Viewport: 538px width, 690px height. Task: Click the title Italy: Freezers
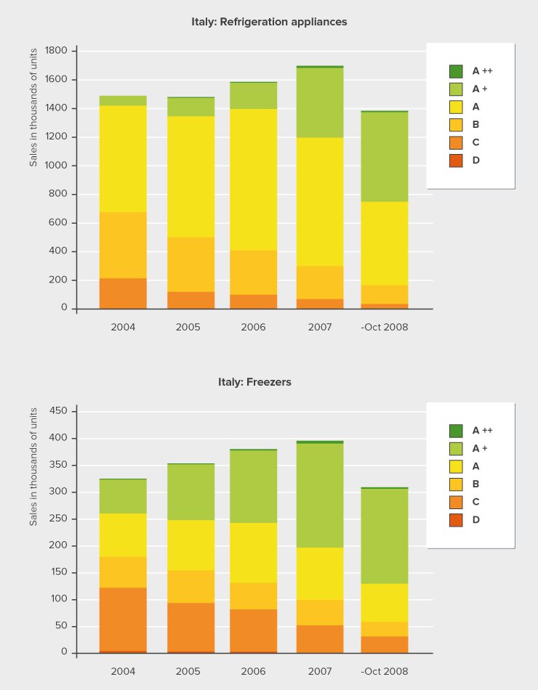click(254, 381)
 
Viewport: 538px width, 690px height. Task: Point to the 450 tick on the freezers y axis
click(59, 411)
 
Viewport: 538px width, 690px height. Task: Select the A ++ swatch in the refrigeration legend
click(456, 71)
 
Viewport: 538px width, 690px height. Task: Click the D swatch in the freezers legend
click(456, 520)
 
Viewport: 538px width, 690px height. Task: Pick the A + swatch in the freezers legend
click(456, 448)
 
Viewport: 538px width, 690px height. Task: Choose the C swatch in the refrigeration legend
click(456, 142)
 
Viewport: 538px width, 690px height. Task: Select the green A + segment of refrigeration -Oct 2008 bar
click(384, 156)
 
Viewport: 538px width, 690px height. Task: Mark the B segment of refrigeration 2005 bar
click(190, 264)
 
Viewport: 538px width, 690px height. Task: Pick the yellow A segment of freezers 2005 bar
click(190, 545)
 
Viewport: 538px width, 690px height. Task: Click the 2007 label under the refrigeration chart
click(319, 327)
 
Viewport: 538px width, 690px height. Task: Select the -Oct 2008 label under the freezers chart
click(384, 671)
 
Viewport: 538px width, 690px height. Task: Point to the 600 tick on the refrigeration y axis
click(59, 223)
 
